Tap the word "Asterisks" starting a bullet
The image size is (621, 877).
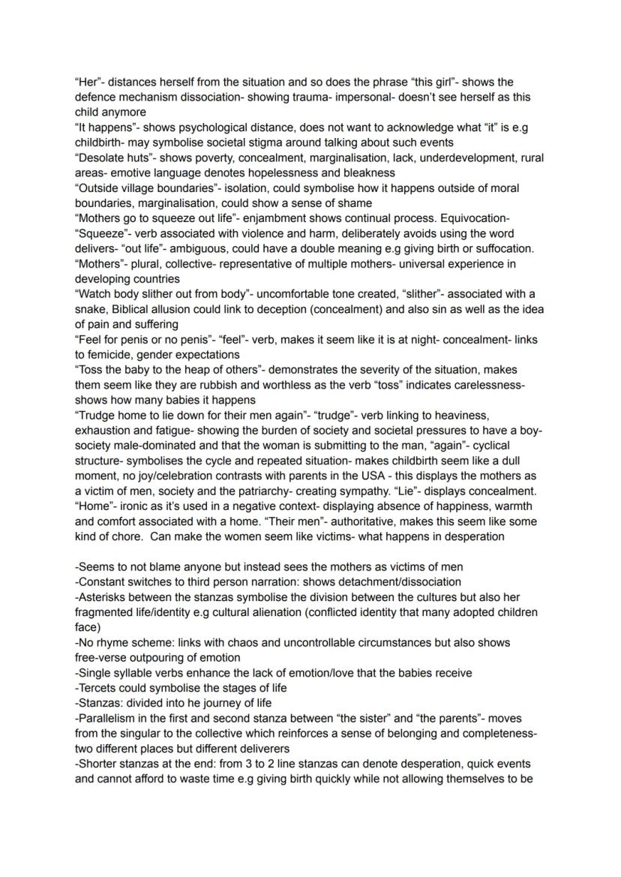pyautogui.click(x=103, y=597)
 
